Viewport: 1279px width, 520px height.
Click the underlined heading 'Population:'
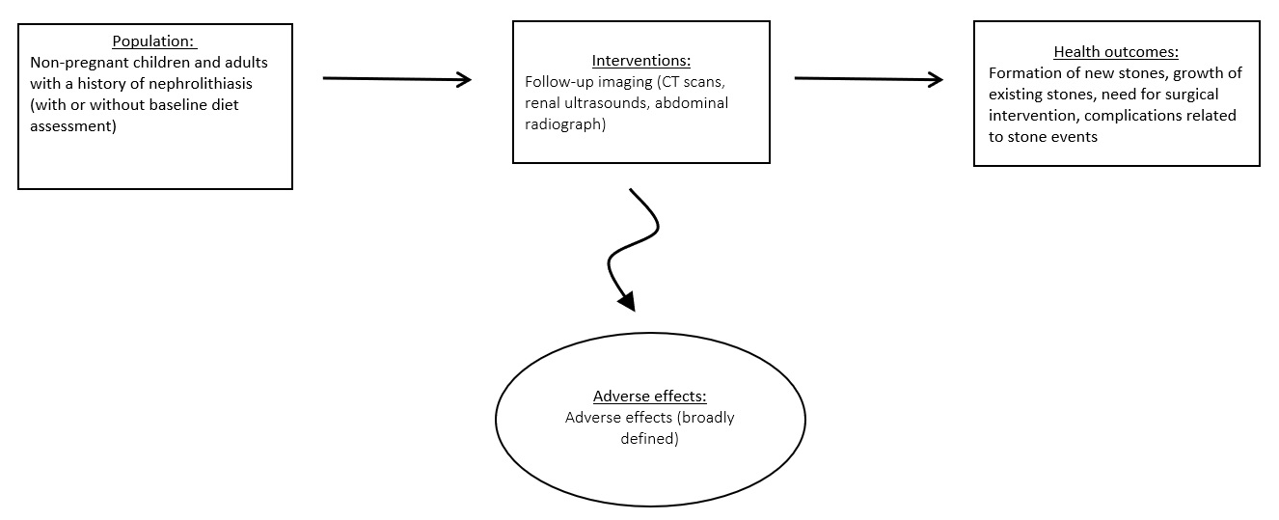[x=154, y=41]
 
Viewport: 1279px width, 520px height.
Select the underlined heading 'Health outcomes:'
[x=1116, y=52]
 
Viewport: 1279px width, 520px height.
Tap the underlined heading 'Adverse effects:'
[x=649, y=397]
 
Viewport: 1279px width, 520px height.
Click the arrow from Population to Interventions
[x=396, y=79]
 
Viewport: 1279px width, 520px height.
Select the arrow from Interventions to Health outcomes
[x=868, y=79]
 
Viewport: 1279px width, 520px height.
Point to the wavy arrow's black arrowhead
[x=627, y=300]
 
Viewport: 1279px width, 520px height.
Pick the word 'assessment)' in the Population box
[x=73, y=125]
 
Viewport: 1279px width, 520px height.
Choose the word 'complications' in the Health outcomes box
[x=1144, y=116]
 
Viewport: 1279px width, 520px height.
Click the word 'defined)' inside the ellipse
[x=649, y=439]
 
